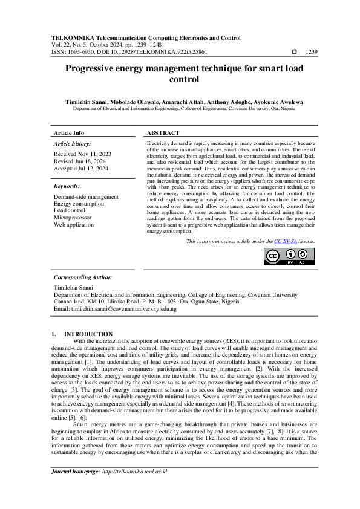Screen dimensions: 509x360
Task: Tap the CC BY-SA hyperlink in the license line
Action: click(x=284, y=241)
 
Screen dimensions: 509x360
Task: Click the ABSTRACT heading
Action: click(x=163, y=132)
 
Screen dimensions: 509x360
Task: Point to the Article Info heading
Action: click(x=69, y=132)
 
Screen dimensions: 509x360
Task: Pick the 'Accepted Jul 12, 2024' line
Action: click(x=81, y=169)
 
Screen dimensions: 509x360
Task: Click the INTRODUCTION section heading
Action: click(x=88, y=334)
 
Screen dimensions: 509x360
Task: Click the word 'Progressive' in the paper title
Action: click(x=97, y=69)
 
